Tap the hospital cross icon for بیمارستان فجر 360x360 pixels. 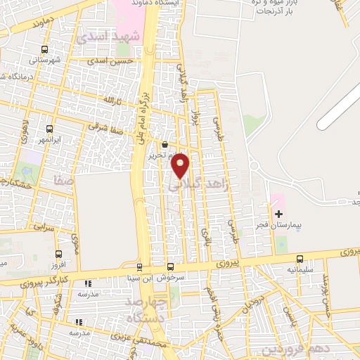(x=279, y=213)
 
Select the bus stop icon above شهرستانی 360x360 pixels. (x=45, y=49)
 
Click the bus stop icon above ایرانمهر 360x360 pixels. (x=49, y=129)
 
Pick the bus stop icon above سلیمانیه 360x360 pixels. (x=300, y=258)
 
